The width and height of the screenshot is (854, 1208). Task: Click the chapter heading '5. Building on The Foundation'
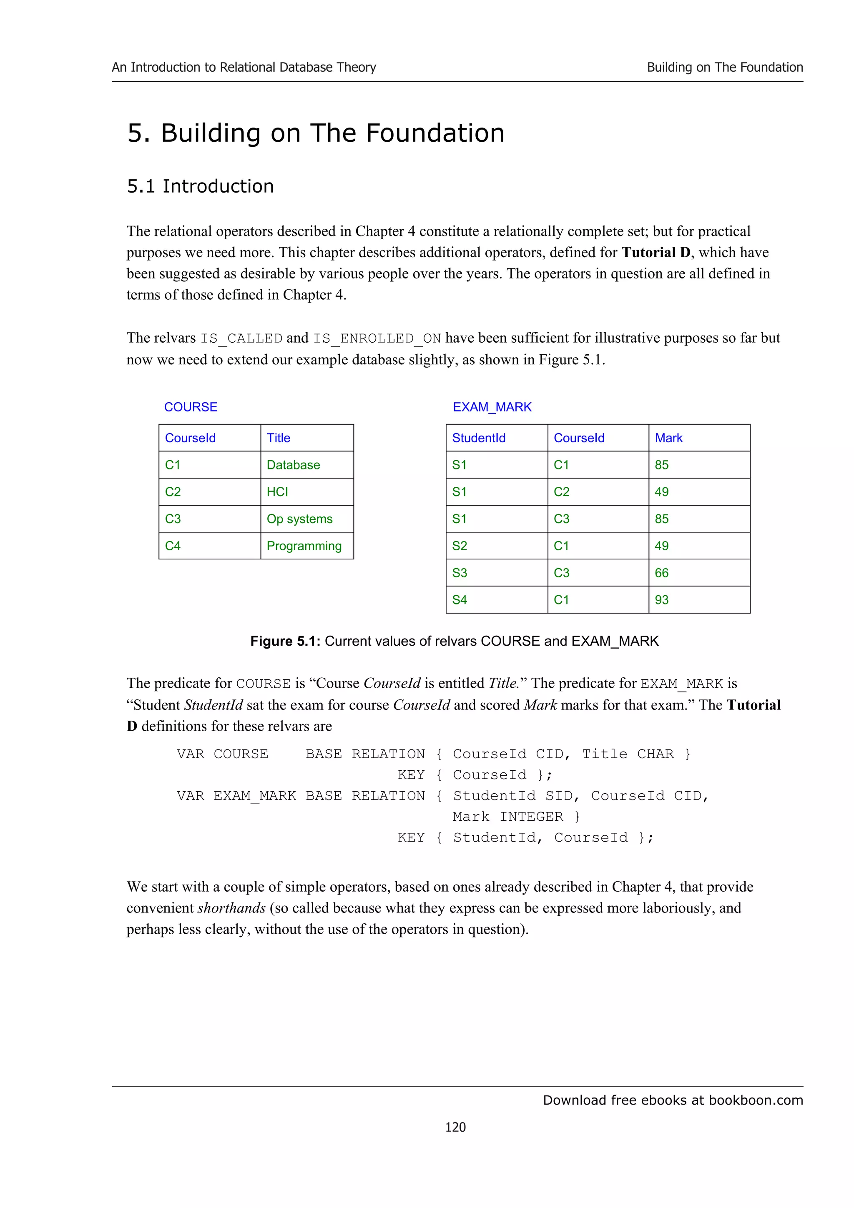[316, 133]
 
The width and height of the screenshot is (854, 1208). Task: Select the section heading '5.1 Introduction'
[200, 186]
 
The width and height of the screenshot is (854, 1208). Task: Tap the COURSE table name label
[191, 407]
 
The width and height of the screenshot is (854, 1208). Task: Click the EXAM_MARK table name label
[492, 407]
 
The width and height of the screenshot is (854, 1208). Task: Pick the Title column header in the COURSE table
[279, 438]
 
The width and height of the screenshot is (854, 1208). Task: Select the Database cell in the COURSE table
[293, 465]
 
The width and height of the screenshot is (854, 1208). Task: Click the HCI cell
[277, 491]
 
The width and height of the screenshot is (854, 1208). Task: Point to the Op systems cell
[299, 519]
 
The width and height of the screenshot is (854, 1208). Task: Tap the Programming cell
[304, 546]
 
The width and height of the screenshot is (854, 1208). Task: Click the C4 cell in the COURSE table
[173, 546]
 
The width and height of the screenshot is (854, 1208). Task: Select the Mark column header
[668, 438]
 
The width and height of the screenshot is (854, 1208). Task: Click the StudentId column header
[478, 438]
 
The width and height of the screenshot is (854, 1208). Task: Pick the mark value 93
[661, 600]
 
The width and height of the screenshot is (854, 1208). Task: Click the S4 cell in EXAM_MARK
[460, 600]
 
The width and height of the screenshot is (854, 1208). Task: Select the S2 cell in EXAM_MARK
[460, 546]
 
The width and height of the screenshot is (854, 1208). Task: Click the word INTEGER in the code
[531, 817]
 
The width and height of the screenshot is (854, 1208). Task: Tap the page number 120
[455, 1127]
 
